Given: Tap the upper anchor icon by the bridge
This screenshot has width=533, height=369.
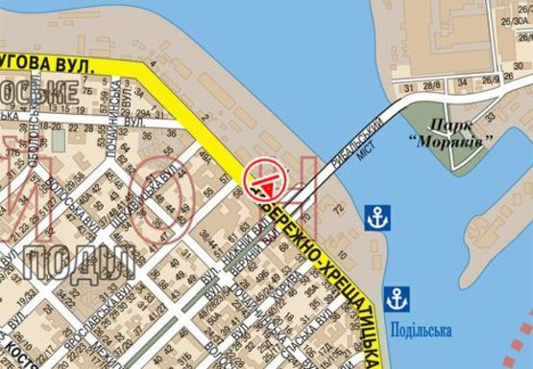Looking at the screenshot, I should point(378,217).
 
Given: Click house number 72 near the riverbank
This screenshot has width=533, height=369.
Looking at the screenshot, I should point(336,208).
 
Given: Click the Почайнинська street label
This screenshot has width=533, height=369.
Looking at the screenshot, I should point(109,97).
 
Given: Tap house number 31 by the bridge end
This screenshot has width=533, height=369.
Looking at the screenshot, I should point(407,87).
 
